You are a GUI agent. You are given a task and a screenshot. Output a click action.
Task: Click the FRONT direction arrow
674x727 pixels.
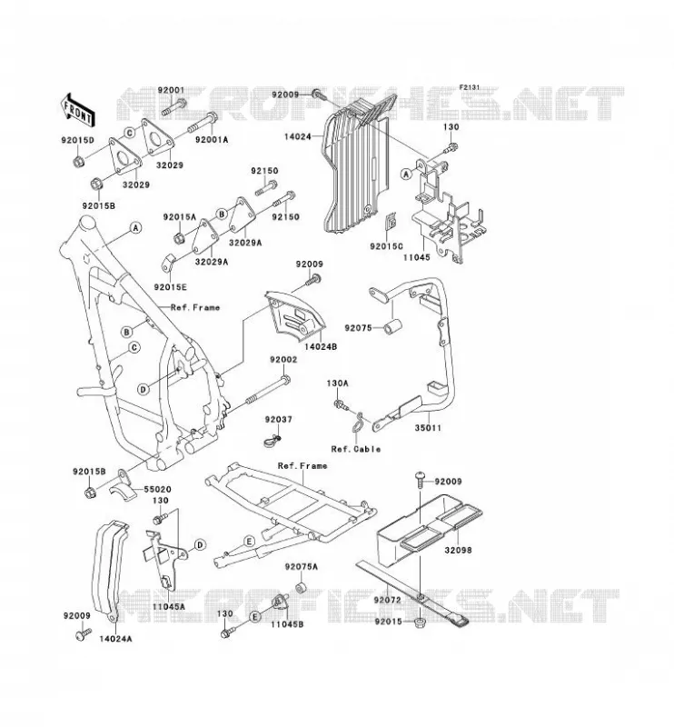click(77, 109)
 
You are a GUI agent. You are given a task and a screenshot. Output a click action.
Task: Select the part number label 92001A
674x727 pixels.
click(213, 140)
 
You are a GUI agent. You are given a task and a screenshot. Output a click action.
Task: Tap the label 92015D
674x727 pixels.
click(77, 139)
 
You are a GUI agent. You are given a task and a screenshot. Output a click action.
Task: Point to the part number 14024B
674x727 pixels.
click(321, 346)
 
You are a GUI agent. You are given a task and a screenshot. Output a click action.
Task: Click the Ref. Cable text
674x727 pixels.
click(356, 449)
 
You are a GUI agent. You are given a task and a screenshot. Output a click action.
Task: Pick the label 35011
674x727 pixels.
click(428, 428)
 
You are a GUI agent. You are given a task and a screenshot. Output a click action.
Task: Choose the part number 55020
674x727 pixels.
click(157, 489)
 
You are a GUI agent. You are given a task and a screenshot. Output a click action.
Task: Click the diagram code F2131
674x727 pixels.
click(469, 87)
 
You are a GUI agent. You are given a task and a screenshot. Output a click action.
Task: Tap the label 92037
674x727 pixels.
click(279, 419)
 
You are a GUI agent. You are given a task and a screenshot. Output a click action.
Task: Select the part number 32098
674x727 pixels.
click(458, 550)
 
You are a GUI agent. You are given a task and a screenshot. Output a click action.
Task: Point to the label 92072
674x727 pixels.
click(387, 600)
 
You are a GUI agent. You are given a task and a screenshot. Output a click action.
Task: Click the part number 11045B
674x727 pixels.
click(287, 624)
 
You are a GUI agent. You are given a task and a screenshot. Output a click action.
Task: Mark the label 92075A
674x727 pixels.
click(302, 566)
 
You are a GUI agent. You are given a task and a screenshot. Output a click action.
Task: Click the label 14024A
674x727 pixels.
click(115, 639)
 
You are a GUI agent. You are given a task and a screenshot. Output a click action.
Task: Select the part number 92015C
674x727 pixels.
click(387, 246)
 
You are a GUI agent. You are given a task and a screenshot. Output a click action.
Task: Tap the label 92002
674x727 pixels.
click(283, 359)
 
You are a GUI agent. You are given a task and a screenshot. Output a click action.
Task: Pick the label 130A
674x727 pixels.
click(338, 383)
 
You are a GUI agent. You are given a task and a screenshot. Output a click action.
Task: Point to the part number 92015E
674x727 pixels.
click(171, 287)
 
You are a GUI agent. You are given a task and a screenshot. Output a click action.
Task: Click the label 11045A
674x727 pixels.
click(169, 606)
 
